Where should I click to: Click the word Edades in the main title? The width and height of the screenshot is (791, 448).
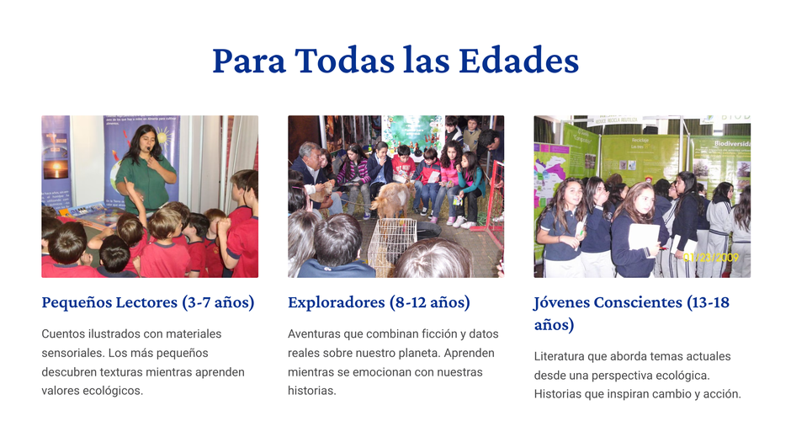[x=518, y=61]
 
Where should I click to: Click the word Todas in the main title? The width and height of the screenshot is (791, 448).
[x=345, y=61]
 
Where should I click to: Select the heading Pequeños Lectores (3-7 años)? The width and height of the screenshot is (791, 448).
[x=148, y=302]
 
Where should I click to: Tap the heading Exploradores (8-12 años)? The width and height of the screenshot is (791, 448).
[x=379, y=302]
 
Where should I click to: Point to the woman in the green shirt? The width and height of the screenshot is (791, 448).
[x=146, y=169]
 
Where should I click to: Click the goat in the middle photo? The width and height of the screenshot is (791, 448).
[x=391, y=199]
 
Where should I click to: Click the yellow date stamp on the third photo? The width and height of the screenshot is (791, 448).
[x=711, y=258]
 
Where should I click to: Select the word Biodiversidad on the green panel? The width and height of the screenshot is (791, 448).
[x=732, y=143]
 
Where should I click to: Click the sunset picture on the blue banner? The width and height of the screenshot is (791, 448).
[x=56, y=170]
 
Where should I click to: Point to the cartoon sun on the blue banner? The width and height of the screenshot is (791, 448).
[x=163, y=136]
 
